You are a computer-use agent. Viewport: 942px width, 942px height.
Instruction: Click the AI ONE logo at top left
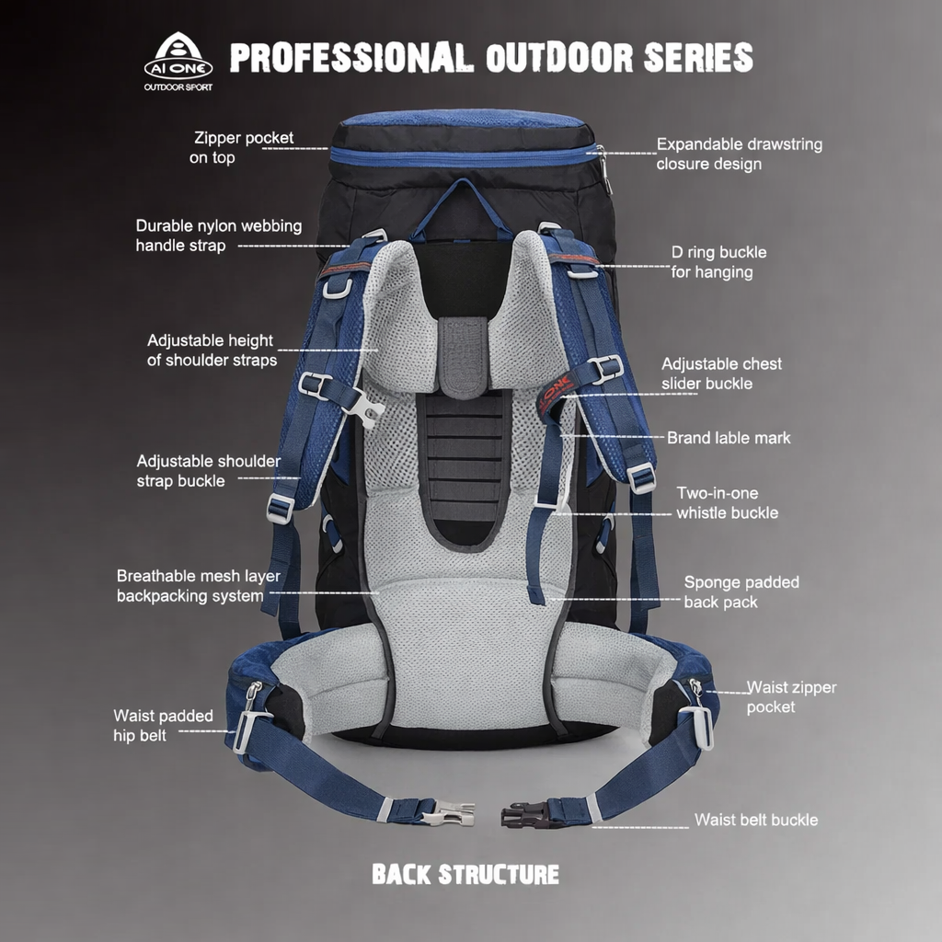(x=178, y=61)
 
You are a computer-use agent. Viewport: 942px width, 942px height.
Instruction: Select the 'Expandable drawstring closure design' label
(x=739, y=155)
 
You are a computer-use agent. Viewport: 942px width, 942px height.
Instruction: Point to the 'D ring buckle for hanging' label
(x=718, y=262)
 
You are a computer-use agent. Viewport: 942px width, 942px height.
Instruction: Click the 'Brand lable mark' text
(x=729, y=438)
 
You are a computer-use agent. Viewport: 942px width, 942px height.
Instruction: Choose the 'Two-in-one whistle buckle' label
(x=727, y=503)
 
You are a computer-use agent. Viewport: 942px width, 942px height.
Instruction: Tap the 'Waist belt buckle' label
(x=755, y=820)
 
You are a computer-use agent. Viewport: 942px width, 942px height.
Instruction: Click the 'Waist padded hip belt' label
(x=163, y=726)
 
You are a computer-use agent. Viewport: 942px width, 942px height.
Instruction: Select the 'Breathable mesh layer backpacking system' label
(x=198, y=586)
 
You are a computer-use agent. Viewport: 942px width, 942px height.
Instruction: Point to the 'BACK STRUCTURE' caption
(x=465, y=874)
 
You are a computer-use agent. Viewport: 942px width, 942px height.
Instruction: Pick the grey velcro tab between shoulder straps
(x=463, y=357)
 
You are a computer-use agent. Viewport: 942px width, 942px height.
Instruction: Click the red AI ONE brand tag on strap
(x=555, y=392)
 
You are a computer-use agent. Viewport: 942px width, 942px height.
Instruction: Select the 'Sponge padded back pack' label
(x=741, y=592)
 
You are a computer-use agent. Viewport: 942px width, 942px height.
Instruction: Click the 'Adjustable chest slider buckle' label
(x=721, y=373)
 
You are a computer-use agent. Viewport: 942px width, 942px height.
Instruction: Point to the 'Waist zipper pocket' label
(x=790, y=697)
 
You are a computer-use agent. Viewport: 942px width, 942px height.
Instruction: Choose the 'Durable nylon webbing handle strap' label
(x=218, y=235)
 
